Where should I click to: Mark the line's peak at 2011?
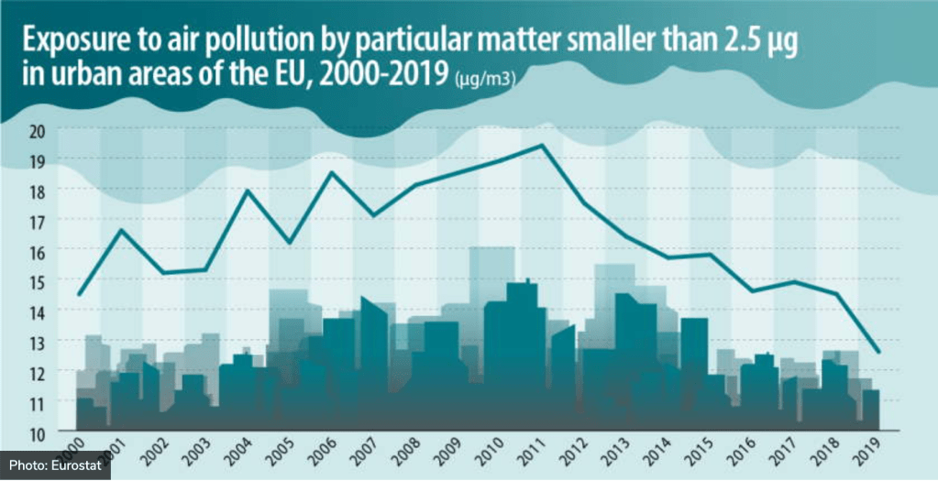coord(542,145)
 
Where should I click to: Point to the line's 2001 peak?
coord(122,229)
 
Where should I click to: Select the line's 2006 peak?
coord(332,172)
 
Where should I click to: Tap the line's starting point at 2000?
coord(80,294)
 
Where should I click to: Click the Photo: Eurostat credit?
coord(55,465)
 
